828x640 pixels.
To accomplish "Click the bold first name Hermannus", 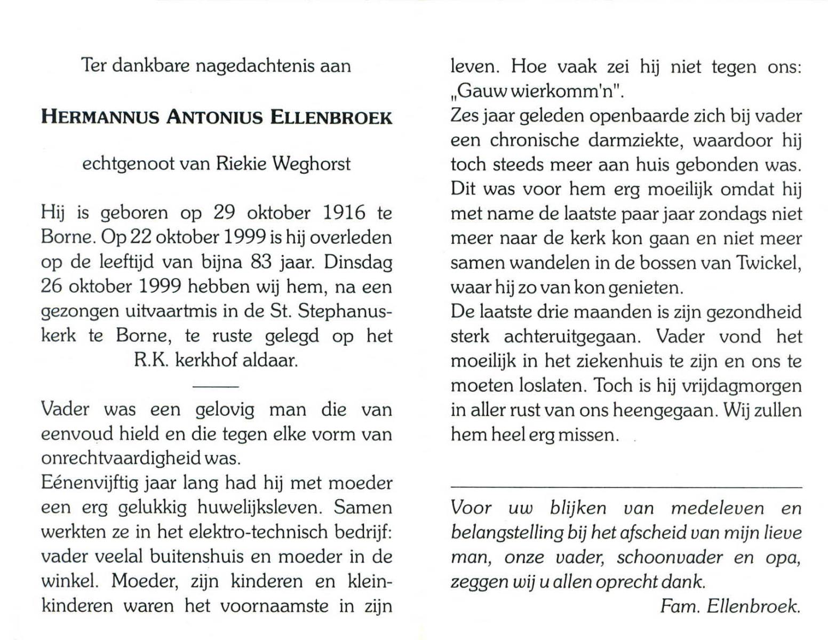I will coord(100,117).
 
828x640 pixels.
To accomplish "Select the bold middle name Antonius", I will coord(215,117).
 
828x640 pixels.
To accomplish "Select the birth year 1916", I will coord(344,213).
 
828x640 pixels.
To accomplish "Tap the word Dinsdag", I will coord(358,262).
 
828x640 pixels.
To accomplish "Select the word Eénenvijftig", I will coord(88,484).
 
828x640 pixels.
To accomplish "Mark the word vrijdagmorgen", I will coord(743,386).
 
